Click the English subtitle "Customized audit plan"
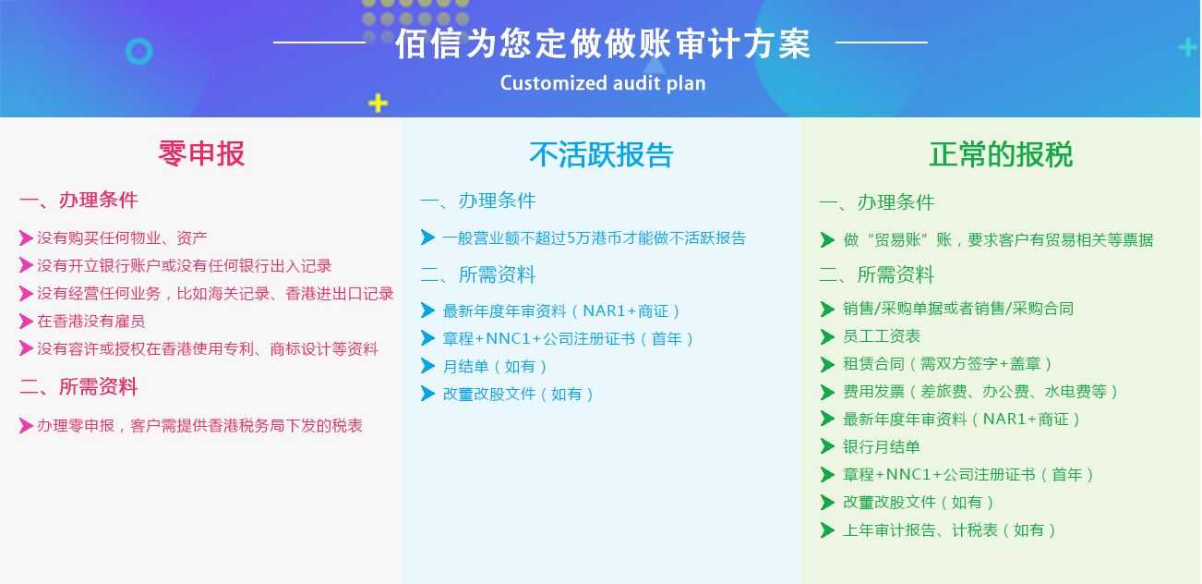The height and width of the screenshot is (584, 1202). (603, 83)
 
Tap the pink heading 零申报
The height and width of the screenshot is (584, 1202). (202, 153)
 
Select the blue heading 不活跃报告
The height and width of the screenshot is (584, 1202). (601, 154)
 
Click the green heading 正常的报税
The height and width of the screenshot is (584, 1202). (1001, 154)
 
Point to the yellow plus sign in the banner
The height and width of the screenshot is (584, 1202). (379, 103)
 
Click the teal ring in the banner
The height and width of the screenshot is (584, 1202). (139, 52)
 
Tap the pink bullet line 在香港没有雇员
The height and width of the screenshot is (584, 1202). (91, 322)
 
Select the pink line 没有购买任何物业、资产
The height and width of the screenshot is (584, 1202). (123, 238)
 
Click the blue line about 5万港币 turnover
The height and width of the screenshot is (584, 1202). (594, 238)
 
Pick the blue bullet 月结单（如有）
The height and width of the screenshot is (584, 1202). (495, 367)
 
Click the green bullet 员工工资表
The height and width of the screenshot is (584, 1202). (882, 336)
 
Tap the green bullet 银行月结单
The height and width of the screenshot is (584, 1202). (882, 446)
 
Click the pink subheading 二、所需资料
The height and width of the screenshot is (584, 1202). (78, 387)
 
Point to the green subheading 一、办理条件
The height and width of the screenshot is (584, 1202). (877, 202)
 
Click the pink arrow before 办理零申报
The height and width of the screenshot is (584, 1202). (26, 425)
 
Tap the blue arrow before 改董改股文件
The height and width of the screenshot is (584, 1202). (427, 394)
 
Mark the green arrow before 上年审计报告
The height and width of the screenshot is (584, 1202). (827, 530)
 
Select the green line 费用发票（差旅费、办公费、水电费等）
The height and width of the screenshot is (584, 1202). (981, 392)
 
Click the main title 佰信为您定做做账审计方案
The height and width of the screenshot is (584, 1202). (603, 44)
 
